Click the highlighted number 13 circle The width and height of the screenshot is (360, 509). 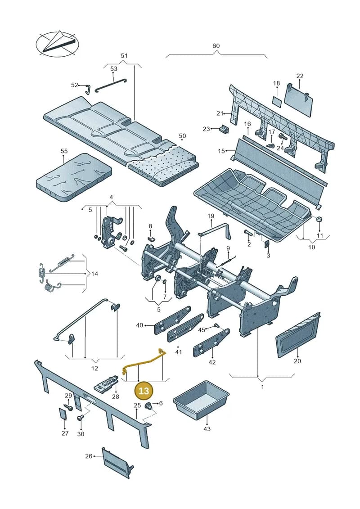coord(144,390)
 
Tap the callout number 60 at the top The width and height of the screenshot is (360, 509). coord(216,46)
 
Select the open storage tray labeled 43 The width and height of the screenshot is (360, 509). coord(202,401)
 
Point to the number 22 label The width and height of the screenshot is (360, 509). coord(300,76)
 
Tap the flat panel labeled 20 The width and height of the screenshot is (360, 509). coord(298,334)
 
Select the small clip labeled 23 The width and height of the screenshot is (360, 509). coord(224,129)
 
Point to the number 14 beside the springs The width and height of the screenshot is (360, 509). coord(94,274)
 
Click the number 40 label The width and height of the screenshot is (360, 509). coord(139,325)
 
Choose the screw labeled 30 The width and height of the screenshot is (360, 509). coord(80,418)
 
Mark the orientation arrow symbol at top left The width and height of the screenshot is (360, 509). coord(57,44)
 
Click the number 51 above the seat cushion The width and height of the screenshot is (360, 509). coord(124,55)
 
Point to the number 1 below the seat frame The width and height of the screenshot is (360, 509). coord(262,387)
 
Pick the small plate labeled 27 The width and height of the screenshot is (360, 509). coord(63,414)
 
